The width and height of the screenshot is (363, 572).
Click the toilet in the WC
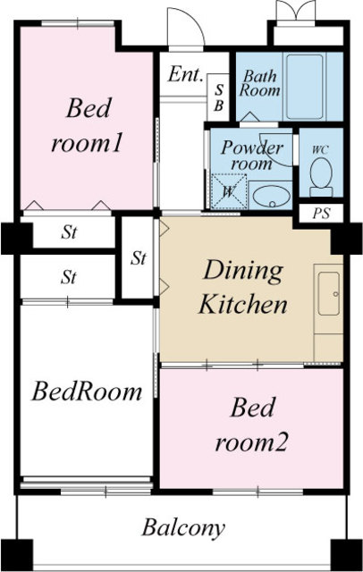coord(321,178)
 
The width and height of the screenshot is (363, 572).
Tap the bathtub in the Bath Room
coord(305,87)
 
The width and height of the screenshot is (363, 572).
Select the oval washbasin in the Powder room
coord(272,197)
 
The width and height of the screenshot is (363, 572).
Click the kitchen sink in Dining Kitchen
coord(329,293)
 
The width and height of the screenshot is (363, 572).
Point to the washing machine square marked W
coord(229,191)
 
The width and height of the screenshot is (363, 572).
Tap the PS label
coord(321,214)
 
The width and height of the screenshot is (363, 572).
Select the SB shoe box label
coord(219,97)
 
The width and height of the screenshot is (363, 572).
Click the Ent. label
coord(185,74)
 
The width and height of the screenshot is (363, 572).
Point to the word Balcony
coord(183,528)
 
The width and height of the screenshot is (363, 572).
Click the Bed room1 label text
coord(87,125)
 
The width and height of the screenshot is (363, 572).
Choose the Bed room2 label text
coord(252,425)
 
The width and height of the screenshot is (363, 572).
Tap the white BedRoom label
coord(87,391)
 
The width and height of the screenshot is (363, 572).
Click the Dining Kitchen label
coord(243,288)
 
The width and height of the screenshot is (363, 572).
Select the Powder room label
coord(252,155)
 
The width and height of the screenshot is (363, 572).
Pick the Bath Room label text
coord(260,83)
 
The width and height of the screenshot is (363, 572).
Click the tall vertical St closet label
coord(139,258)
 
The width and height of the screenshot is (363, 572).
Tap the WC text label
coord(320,150)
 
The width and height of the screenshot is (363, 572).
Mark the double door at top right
coord(296,13)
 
